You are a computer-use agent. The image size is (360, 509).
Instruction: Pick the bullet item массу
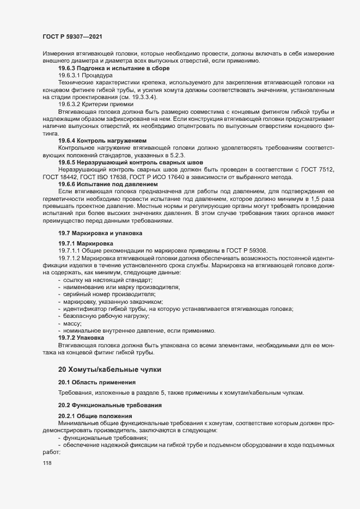click(x=74, y=323)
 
